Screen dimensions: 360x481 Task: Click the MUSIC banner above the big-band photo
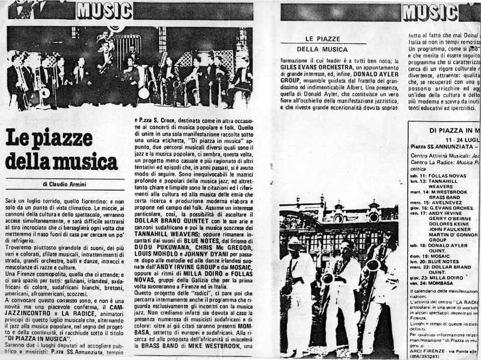tap(104, 10)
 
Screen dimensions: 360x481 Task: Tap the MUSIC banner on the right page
tap(429, 11)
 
